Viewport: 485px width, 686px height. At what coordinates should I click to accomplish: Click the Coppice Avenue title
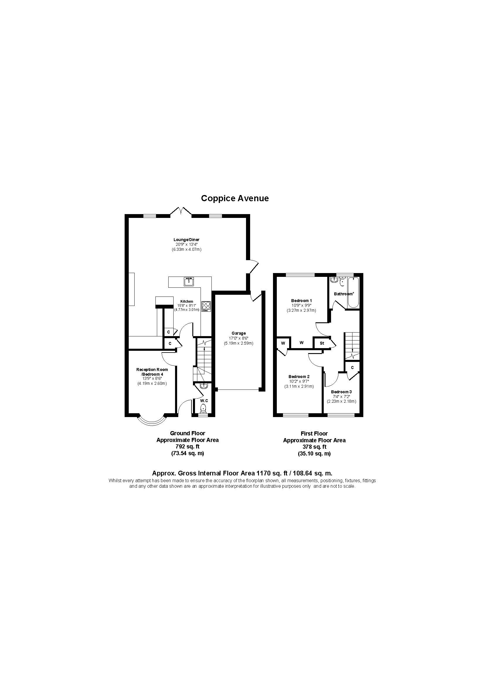[235, 198]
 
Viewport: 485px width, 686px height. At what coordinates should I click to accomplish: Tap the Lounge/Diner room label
[186, 240]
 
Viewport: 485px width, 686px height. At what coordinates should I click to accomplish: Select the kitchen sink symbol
[189, 281]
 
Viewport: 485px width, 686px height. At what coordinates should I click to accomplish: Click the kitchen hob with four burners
[206, 306]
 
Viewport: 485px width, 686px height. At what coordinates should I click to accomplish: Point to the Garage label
[239, 333]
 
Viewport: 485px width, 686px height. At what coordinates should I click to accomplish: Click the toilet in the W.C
[204, 408]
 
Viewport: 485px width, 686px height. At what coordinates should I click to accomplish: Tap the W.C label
[204, 400]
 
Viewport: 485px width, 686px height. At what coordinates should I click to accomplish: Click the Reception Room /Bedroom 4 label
[152, 372]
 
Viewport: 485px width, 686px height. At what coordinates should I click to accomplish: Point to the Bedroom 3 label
[341, 392]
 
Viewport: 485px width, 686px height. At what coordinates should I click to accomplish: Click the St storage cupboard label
[322, 343]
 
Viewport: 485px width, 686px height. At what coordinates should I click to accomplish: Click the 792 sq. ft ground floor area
[188, 447]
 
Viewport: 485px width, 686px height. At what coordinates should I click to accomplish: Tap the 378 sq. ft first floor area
[314, 447]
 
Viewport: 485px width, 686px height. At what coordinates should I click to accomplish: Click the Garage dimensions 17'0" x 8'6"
[239, 338]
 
